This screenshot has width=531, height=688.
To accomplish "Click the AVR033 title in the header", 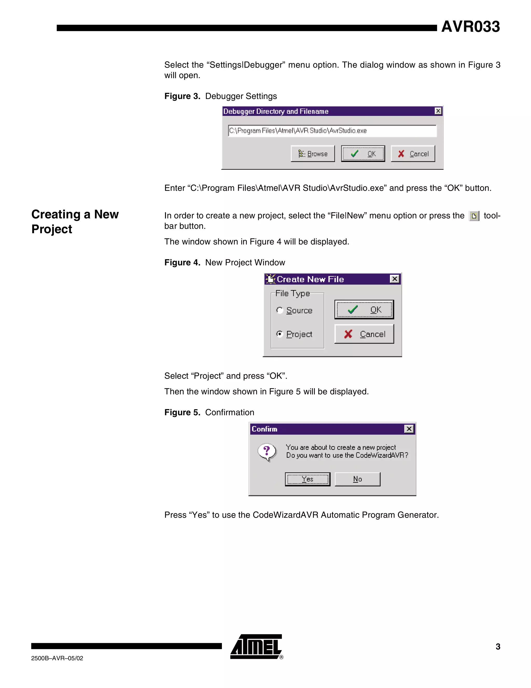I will (470, 26).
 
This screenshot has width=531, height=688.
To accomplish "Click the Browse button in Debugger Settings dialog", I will (312, 154).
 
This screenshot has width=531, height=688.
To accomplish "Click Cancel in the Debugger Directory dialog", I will (413, 154).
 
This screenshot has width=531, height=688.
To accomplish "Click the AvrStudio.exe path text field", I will (332, 131).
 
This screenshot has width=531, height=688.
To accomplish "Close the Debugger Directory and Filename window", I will (438, 111).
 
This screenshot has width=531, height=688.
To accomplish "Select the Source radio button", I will (280, 310).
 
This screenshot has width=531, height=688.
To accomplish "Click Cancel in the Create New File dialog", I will (364, 334).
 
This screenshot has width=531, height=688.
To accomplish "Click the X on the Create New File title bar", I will (394, 279).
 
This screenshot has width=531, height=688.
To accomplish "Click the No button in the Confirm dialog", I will (357, 479).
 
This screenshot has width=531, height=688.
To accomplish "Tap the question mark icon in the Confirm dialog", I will (267, 452).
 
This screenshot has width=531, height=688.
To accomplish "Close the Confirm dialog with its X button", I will (409, 429).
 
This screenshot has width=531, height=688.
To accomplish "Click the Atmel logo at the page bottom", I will (256, 646).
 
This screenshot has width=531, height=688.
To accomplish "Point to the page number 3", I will (498, 646).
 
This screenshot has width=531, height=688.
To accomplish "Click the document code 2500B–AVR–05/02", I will (57, 658).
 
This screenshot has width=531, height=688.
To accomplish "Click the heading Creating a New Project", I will (75, 221).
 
